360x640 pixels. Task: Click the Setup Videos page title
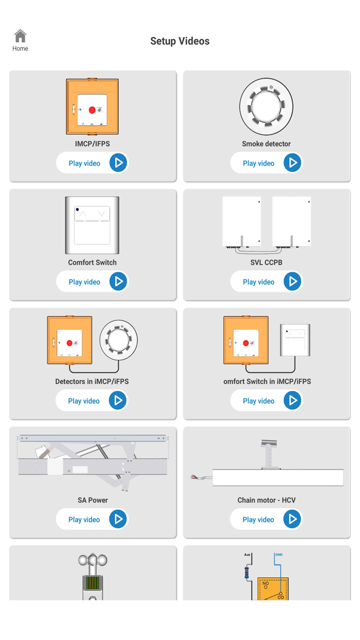coord(180,41)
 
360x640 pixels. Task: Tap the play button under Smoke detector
coord(292,163)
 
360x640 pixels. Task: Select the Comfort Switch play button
coord(118,281)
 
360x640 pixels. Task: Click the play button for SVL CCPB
coord(292,281)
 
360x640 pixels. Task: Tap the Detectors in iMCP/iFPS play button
coord(118,400)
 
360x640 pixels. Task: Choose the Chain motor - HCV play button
coord(292,519)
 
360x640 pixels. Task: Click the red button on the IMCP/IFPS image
coord(92,110)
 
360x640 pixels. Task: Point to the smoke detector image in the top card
coord(266,106)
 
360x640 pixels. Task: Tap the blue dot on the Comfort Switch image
coord(77,209)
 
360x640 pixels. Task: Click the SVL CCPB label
coord(266,262)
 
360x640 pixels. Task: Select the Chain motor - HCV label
coord(266,500)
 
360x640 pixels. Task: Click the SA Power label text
coord(93,500)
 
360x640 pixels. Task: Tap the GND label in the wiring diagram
coord(279,555)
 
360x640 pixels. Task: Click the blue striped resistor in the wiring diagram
coord(246,573)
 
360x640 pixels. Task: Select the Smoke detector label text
coord(266,144)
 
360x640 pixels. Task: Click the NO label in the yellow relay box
coord(265,583)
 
